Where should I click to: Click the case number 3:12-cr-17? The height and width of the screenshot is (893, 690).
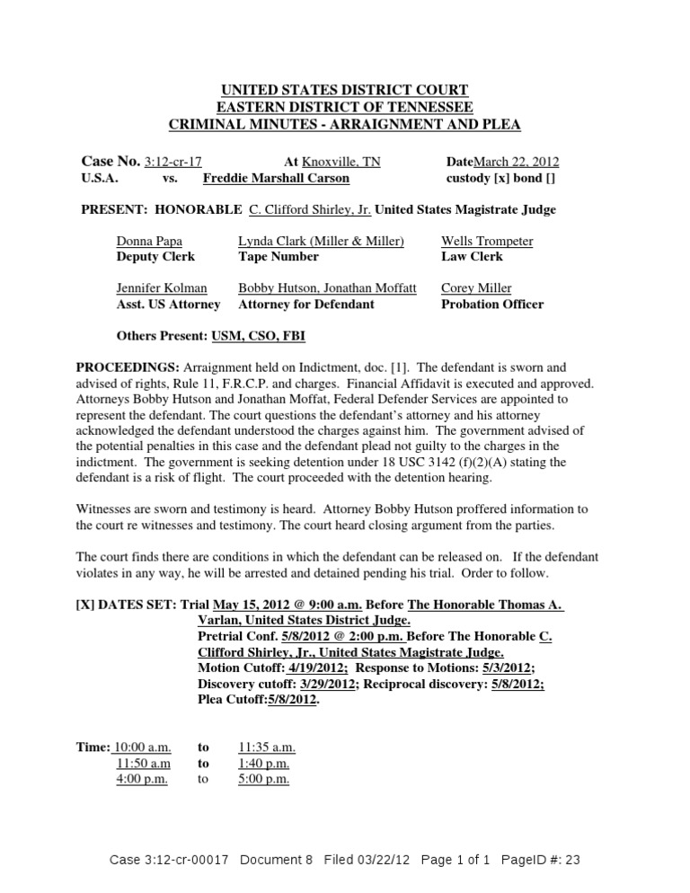click(172, 162)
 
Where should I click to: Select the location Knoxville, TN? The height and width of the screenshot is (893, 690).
click(341, 162)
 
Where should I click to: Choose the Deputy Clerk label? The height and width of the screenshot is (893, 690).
click(155, 257)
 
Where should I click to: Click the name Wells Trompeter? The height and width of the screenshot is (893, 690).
click(487, 242)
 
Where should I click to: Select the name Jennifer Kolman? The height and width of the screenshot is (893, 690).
click(162, 288)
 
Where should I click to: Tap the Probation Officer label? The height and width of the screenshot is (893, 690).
click(492, 305)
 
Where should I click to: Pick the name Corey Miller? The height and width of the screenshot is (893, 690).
click(476, 288)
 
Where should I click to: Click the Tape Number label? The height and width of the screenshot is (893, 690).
click(279, 257)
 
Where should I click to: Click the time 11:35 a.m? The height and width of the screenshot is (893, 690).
click(267, 747)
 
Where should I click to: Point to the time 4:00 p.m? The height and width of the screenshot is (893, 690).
click(142, 780)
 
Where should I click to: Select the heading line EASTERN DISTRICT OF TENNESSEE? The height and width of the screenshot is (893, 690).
click(345, 107)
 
